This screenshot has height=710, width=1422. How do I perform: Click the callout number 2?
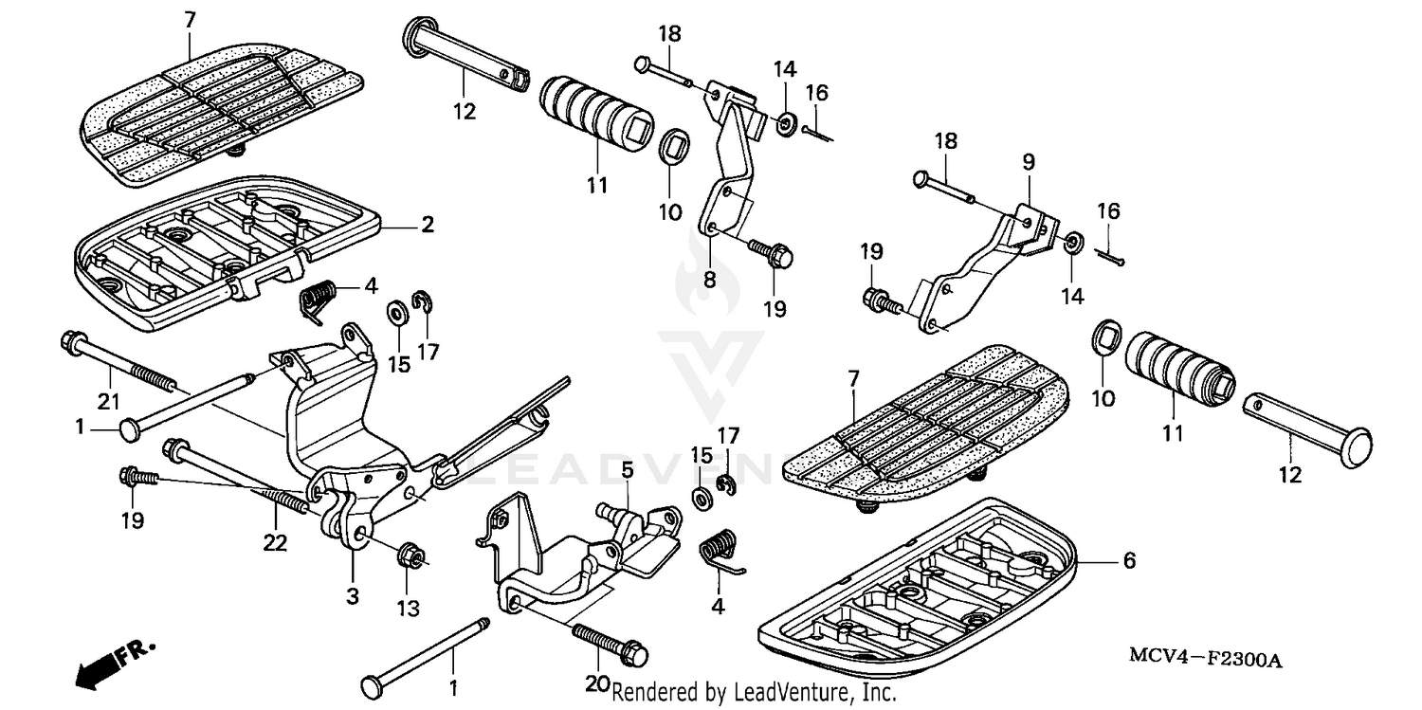click(428, 225)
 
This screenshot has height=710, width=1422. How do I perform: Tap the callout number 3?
click(352, 596)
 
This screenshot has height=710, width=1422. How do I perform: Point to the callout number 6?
click(1129, 560)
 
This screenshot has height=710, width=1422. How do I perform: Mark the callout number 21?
click(109, 403)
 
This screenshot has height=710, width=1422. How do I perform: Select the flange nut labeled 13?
click(410, 557)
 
